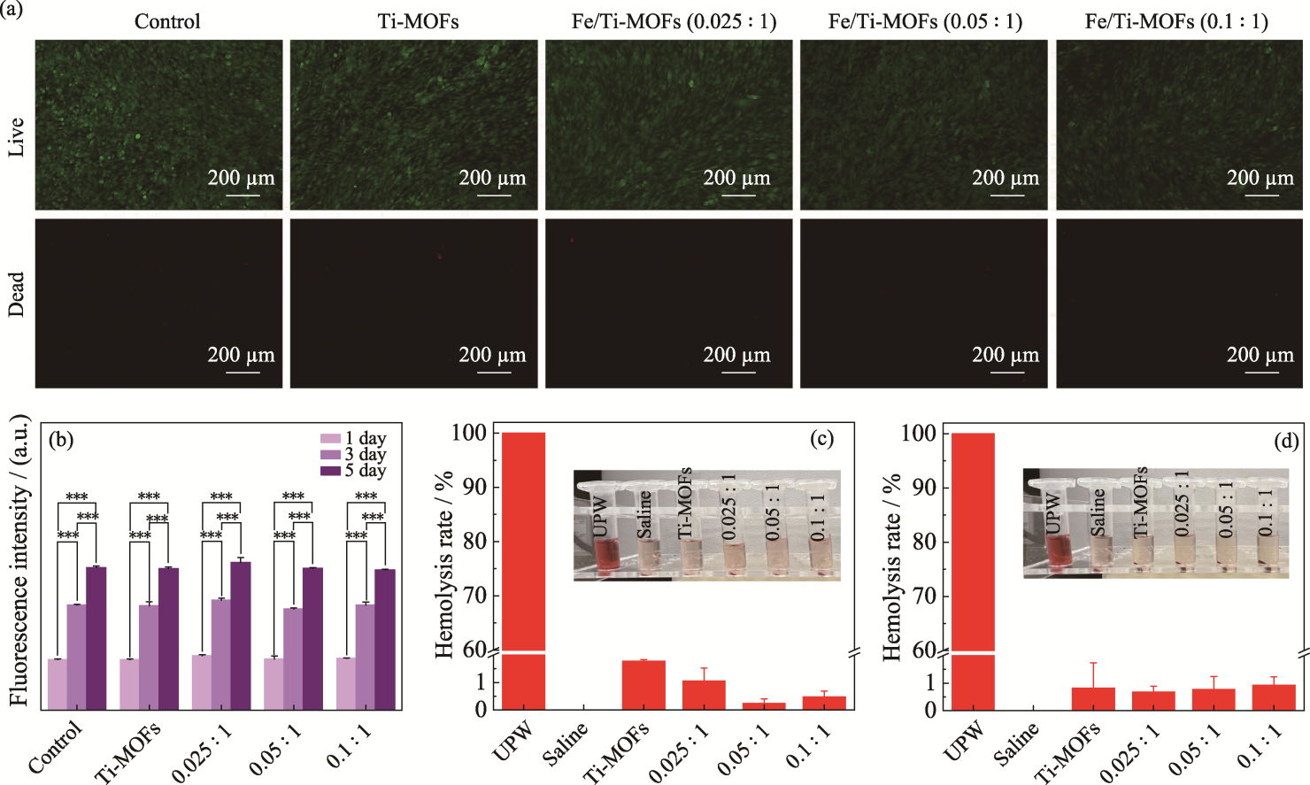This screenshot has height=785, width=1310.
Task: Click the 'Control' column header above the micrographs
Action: pyautogui.click(x=167, y=21)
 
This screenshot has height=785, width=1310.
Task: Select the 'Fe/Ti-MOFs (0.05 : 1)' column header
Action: pyautogui.click(x=925, y=21)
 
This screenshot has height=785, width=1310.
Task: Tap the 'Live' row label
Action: pyautogui.click(x=16, y=137)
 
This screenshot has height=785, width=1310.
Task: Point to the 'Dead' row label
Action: pyautogui.click(x=16, y=295)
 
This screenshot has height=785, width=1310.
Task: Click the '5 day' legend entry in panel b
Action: pyautogui.click(x=365, y=471)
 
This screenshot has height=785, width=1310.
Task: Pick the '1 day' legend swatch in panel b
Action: pyautogui.click(x=330, y=438)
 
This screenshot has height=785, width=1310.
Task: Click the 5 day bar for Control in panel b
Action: pyautogui.click(x=96, y=637)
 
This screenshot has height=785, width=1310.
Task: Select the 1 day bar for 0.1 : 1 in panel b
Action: pyautogui.click(x=345, y=683)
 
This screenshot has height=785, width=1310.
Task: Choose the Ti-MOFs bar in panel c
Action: pyautogui.click(x=643, y=685)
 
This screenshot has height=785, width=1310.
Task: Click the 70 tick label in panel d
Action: pyautogui.click(x=924, y=596)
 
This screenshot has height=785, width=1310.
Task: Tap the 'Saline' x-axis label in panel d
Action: pyautogui.click(x=1014, y=744)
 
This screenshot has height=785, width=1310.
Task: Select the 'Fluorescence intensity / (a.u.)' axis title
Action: pyautogui.click(x=19, y=562)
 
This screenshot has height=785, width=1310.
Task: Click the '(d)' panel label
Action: pyautogui.click(x=1285, y=440)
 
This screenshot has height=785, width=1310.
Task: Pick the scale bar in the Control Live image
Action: pyautogui.click(x=242, y=194)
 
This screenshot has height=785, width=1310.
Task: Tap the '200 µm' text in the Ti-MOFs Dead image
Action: pyautogui.click(x=492, y=355)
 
